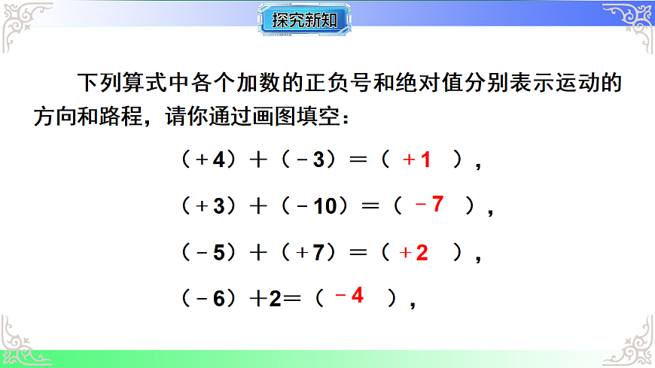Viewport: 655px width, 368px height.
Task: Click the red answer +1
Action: click(417, 160)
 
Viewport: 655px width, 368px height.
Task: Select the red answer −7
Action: click(429, 205)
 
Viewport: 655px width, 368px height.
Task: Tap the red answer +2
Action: click(414, 254)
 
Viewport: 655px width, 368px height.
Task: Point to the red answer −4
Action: click(349, 297)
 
